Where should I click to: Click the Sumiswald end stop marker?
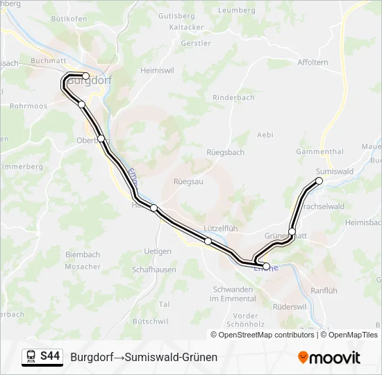pos(319,181)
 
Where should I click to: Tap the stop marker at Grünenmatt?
pos(292,231)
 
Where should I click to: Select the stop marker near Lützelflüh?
pos(208,241)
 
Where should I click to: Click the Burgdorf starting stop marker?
pos(85,76)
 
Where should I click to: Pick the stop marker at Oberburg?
pos(101,138)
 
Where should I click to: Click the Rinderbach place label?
pos(233,98)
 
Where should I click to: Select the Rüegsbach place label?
pos(225,152)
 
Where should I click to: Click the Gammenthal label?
pos(319,151)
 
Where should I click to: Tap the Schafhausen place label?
pos(153,269)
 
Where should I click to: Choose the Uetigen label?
pos(157,251)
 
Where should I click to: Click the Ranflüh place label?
pos(324,290)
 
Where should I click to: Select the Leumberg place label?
pos(237,10)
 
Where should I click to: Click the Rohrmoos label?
pos(28,106)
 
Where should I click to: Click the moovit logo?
pos(329,358)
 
